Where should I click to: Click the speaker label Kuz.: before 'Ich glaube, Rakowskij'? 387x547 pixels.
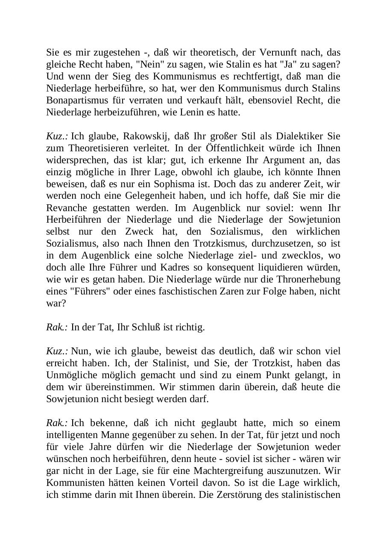point(57,136)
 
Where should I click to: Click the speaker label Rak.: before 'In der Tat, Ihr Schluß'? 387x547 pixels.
point(57,327)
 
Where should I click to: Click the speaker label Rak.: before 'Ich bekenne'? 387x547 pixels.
point(57,423)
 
